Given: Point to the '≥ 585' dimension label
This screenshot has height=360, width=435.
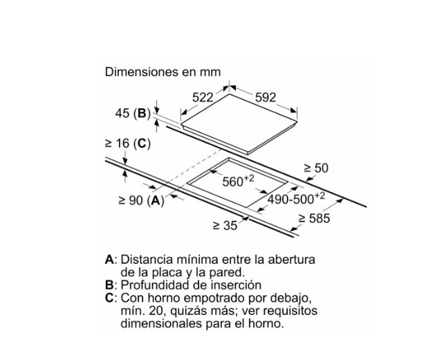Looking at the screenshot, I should pos(314,219).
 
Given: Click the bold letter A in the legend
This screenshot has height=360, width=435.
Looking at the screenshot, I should pos(109,260).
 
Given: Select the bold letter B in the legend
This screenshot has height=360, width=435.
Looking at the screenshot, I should pos(109,285).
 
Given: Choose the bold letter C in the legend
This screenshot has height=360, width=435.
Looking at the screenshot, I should pos(109,298).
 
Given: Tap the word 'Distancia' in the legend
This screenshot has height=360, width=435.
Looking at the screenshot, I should pos(145,260).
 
